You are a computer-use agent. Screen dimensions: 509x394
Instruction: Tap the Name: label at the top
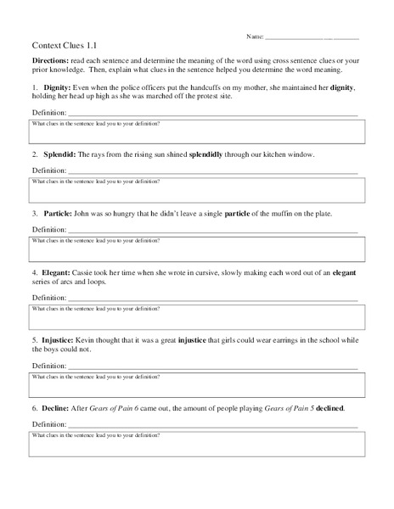point(254,37)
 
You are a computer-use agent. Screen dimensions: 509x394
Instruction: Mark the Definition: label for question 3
point(48,230)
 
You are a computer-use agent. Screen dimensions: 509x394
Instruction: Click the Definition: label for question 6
point(48,423)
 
